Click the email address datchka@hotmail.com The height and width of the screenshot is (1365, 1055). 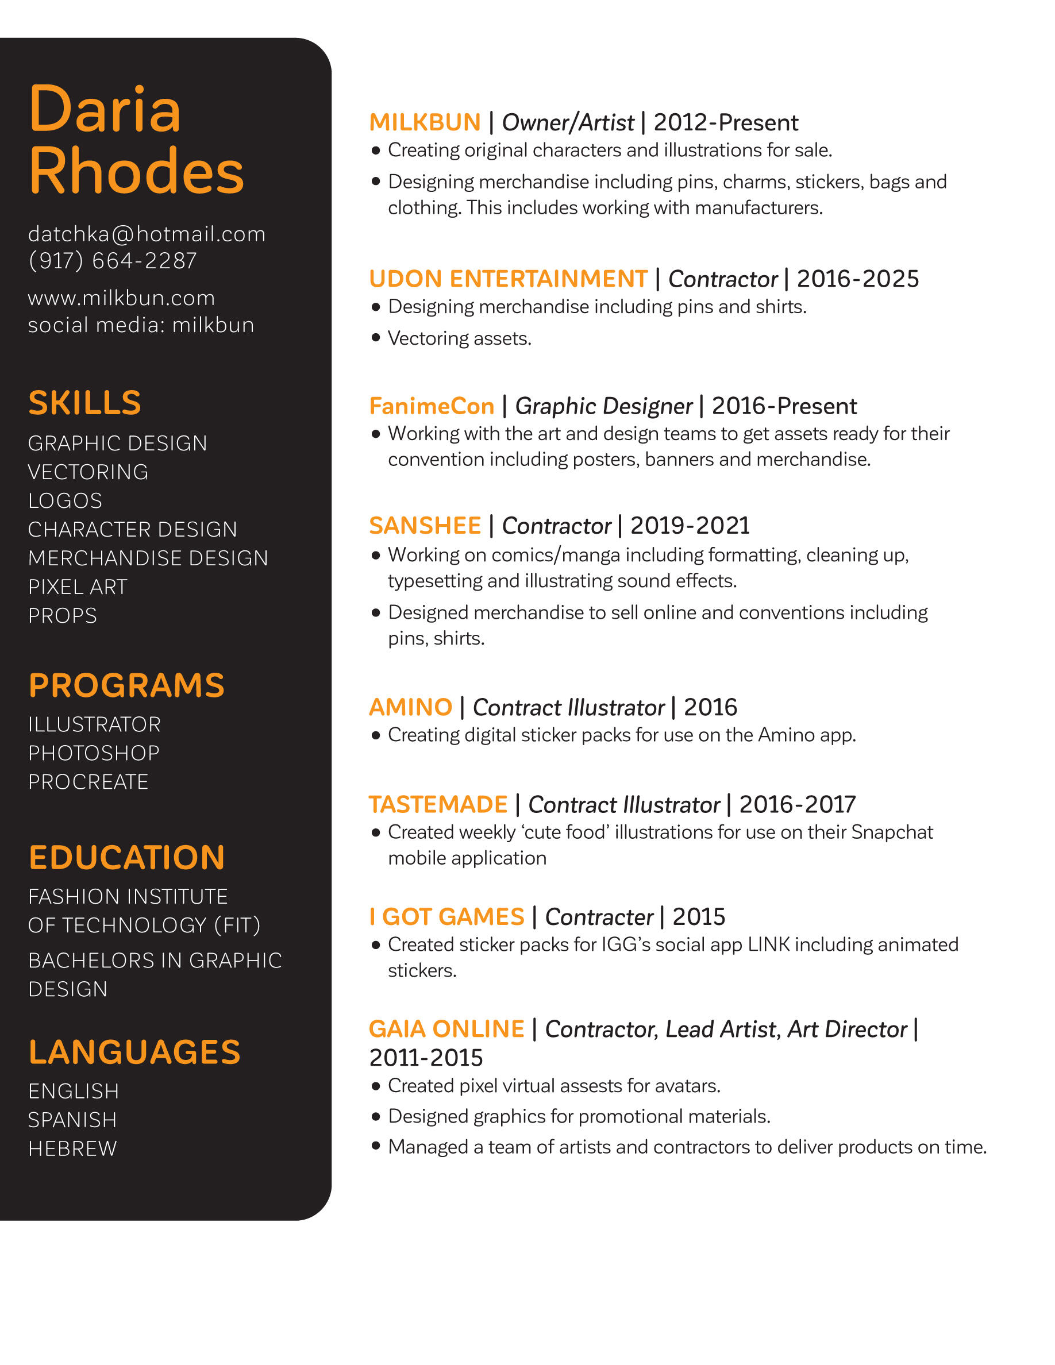pyautogui.click(x=147, y=234)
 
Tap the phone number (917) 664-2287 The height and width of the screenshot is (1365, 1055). pyautogui.click(x=113, y=261)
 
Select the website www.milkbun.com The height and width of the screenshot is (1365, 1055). pyautogui.click(x=121, y=298)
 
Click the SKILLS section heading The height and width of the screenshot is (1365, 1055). pyautogui.click(x=85, y=403)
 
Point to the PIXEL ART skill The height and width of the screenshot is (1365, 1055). pyautogui.click(x=78, y=587)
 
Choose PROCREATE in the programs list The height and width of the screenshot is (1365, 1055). pyautogui.click(x=88, y=782)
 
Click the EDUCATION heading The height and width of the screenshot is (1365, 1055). pyautogui.click(x=126, y=858)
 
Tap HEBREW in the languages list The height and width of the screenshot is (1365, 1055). pyautogui.click(x=72, y=1148)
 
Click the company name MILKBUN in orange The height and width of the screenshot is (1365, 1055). pyautogui.click(x=425, y=122)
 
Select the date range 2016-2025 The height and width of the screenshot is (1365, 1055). pyautogui.click(x=857, y=279)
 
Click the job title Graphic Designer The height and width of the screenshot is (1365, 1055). pyautogui.click(x=603, y=406)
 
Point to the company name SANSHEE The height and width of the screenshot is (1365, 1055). pyautogui.click(x=425, y=526)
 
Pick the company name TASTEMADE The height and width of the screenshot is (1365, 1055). pyautogui.click(x=437, y=804)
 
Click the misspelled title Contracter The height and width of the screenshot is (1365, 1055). pyautogui.click(x=599, y=917)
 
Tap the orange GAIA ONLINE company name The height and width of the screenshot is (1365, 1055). pyautogui.click(x=446, y=1029)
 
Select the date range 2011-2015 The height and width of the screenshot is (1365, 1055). pyautogui.click(x=426, y=1058)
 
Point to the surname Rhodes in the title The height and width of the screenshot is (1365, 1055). pyautogui.click(x=136, y=171)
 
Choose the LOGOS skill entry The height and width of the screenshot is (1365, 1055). pyautogui.click(x=65, y=500)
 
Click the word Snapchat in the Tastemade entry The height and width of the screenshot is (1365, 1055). pyautogui.click(x=892, y=832)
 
